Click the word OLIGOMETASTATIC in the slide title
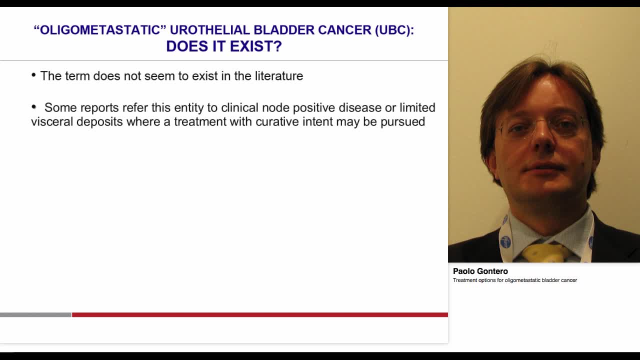click(x=99, y=30)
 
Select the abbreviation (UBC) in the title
click(x=394, y=30)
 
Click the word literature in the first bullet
click(x=278, y=76)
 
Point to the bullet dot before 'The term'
click(x=33, y=75)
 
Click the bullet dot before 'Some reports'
click(x=34, y=107)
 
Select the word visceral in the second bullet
click(x=51, y=122)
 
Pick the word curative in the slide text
click(x=277, y=122)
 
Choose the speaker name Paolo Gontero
click(x=480, y=271)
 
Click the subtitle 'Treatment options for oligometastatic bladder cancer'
click(x=514, y=280)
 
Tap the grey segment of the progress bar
click(x=35, y=315)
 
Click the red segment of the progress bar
click(x=259, y=315)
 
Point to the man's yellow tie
click(x=545, y=252)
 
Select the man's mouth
click(x=542, y=167)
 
